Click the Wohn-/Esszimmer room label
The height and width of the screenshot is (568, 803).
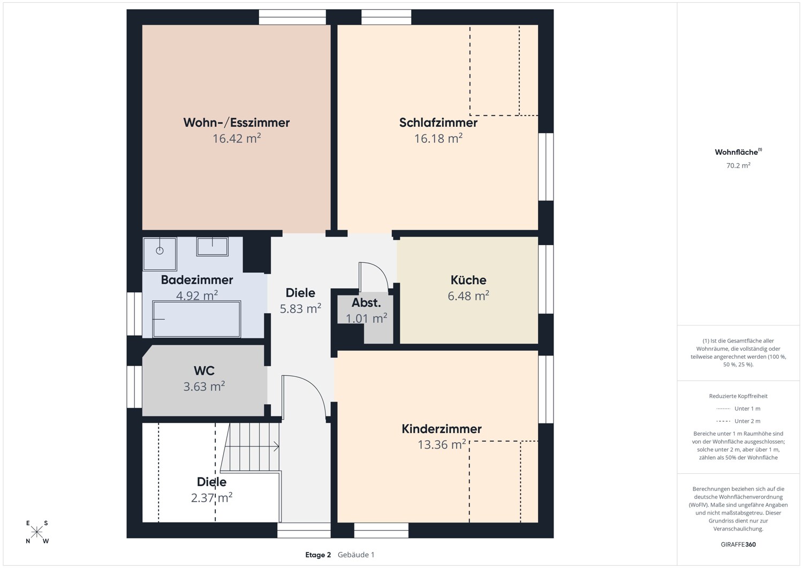(236, 123)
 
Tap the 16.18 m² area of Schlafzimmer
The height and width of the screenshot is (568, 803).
(438, 138)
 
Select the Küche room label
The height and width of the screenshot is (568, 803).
(468, 279)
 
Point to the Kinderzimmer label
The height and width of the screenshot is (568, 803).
(441, 429)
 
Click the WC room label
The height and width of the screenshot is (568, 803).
(204, 370)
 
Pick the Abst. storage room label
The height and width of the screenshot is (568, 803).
(366, 303)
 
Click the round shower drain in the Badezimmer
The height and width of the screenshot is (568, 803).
(160, 251)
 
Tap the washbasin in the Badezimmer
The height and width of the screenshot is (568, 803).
(212, 246)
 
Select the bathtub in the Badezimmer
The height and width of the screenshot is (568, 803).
(196, 319)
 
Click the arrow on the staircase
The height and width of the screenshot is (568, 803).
(252, 446)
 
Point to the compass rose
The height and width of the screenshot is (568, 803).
(36, 532)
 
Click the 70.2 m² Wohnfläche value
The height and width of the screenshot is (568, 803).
(738, 165)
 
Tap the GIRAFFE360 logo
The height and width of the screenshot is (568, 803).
(738, 544)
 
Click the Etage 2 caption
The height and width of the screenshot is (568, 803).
(318, 555)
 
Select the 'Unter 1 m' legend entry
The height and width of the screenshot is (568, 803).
(738, 408)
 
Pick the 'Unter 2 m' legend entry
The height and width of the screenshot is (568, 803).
(738, 421)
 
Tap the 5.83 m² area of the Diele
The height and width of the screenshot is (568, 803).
(300, 308)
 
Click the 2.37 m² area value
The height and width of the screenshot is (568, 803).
(211, 498)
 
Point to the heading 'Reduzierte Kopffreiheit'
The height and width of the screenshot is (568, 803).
(738, 396)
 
